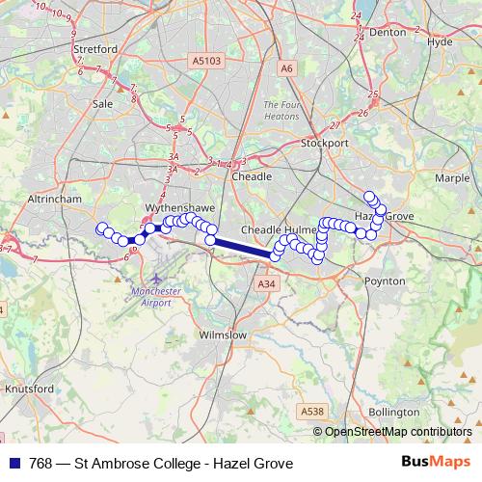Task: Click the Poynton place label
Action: click(x=386, y=281)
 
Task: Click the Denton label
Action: click(x=388, y=32)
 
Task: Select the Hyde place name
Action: click(x=439, y=42)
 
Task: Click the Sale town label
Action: click(x=102, y=102)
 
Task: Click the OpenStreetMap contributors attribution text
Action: click(x=399, y=431)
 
